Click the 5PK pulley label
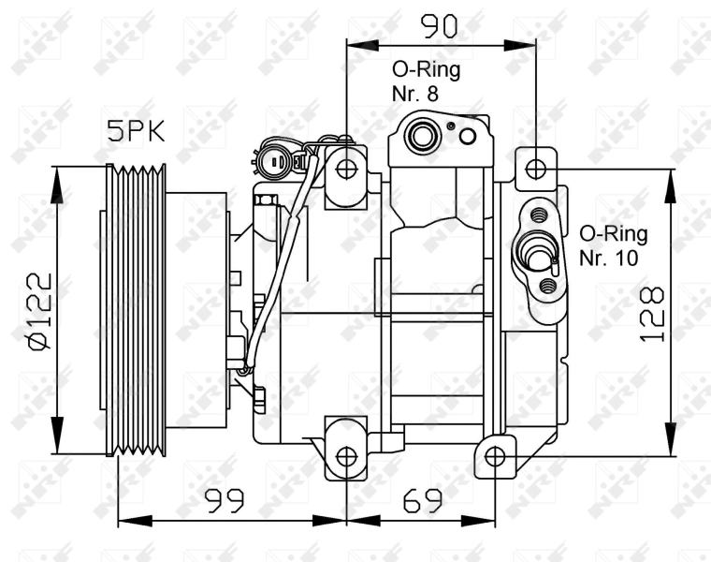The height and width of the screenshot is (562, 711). (x=136, y=131)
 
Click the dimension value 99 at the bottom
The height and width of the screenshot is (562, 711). (x=225, y=502)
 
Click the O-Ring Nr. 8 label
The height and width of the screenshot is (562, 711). (x=426, y=81)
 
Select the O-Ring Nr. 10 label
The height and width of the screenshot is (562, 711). (x=613, y=245)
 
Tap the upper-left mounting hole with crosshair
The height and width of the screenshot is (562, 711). (x=347, y=170)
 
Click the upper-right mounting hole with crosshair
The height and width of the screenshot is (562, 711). (x=536, y=170)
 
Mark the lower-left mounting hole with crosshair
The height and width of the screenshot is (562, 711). (x=347, y=456)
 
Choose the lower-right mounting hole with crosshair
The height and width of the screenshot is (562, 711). (x=496, y=456)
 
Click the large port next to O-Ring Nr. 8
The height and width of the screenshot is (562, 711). (x=421, y=136)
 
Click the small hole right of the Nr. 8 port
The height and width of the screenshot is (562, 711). (x=468, y=138)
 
